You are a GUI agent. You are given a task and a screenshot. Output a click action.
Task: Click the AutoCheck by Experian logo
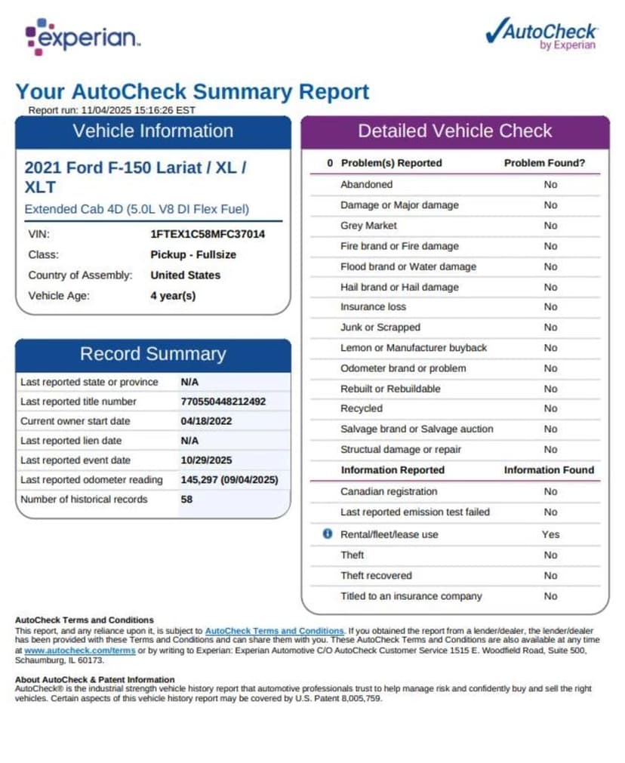click(x=541, y=34)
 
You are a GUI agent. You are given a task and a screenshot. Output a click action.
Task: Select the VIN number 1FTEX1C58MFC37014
click(x=208, y=234)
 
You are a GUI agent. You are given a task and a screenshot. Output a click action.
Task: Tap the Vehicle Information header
click(x=152, y=131)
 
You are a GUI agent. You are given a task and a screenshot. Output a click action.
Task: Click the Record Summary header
click(x=152, y=354)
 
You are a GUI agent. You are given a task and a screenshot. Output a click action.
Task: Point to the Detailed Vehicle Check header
click(x=454, y=131)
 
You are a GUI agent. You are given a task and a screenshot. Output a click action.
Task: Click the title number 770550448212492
click(x=223, y=401)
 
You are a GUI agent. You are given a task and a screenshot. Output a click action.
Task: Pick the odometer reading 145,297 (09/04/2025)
click(x=229, y=480)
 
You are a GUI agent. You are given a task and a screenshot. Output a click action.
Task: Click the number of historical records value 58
click(x=186, y=500)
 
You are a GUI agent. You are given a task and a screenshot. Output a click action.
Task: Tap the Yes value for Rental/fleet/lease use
click(x=550, y=534)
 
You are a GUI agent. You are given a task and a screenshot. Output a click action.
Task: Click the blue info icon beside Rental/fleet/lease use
click(x=328, y=534)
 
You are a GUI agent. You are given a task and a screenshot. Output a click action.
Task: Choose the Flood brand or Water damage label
click(x=408, y=266)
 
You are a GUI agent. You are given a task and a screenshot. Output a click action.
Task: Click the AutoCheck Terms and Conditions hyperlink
click(x=274, y=631)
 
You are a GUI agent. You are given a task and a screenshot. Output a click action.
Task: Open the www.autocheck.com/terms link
click(x=79, y=650)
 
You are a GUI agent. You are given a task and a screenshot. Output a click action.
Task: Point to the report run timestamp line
click(x=112, y=110)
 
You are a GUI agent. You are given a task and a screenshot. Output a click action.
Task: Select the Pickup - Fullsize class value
click(x=192, y=254)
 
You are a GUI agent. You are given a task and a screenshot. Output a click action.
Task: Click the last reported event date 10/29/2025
click(x=206, y=460)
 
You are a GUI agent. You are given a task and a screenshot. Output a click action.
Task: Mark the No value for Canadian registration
click(x=550, y=491)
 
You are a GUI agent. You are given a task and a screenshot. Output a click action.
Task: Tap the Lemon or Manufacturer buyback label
click(x=413, y=348)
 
